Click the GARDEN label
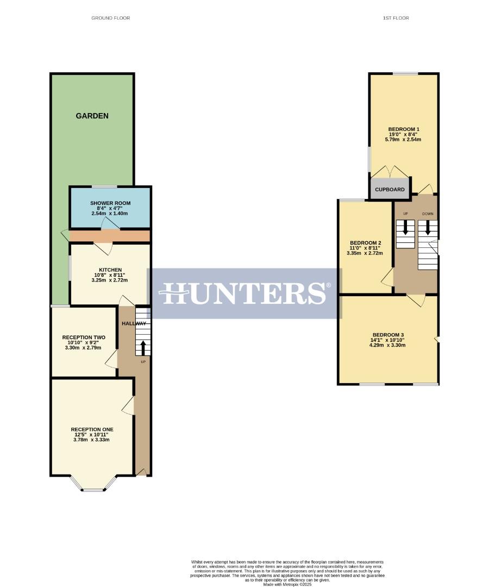point(92,116)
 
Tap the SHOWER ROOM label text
point(110,203)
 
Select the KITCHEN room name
point(110,270)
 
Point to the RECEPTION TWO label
point(84,338)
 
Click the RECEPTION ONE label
point(92,429)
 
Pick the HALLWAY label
point(134,323)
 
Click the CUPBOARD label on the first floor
point(390,190)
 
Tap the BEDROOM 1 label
point(404,129)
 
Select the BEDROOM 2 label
point(365,242)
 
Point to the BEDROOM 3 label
point(388,335)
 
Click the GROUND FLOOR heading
point(111,18)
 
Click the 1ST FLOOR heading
point(396,18)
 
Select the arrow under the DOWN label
point(428,228)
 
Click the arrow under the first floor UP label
point(405,228)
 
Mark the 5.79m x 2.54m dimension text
point(404,140)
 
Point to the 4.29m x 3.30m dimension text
point(388,345)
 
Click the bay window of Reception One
point(93,489)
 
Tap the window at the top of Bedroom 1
point(405,73)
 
